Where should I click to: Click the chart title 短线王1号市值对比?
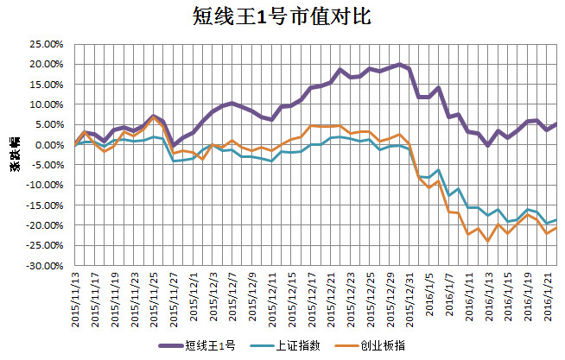282,16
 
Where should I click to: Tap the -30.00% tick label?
43,266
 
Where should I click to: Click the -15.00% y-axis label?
43,205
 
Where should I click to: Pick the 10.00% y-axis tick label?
45,104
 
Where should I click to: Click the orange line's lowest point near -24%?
488,241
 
